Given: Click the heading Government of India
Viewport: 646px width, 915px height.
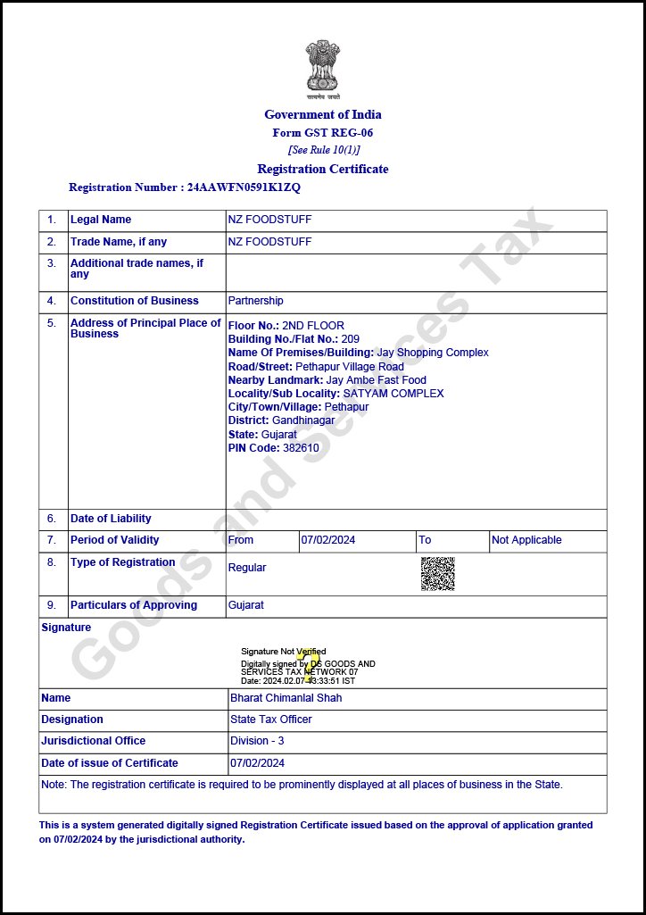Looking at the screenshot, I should click(x=322, y=114).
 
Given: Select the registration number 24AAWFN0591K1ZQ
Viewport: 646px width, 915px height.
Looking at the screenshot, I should click(x=244, y=187).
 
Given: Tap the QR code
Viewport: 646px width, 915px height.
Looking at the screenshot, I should click(x=437, y=573).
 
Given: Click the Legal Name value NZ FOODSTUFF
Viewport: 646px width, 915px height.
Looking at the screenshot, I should click(x=269, y=220).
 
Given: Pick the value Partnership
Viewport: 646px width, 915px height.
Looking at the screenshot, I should click(x=255, y=301).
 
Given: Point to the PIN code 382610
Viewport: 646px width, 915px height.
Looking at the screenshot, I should click(x=301, y=448).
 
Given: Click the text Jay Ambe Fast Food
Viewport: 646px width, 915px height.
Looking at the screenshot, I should click(x=377, y=380).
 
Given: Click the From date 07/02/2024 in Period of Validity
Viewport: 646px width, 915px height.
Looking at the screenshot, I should click(x=328, y=540).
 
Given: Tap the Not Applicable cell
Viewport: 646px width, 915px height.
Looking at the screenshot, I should click(x=526, y=540).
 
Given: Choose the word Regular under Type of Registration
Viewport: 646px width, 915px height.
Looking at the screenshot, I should click(x=247, y=568).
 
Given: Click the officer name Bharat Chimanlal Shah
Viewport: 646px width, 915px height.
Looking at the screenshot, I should click(x=286, y=698).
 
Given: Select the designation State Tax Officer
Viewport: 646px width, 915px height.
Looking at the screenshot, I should click(x=271, y=720).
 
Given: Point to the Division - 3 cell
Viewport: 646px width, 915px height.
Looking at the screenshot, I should click(x=257, y=741).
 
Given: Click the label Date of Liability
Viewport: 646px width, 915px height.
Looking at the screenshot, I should click(x=111, y=519).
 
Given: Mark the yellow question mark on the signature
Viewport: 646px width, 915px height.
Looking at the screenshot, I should click(x=309, y=661).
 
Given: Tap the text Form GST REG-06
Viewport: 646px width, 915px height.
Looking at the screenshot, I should click(x=322, y=133).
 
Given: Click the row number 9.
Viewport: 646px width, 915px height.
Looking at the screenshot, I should click(x=52, y=605).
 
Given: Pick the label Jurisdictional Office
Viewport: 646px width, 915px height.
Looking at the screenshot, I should click(x=93, y=741).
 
